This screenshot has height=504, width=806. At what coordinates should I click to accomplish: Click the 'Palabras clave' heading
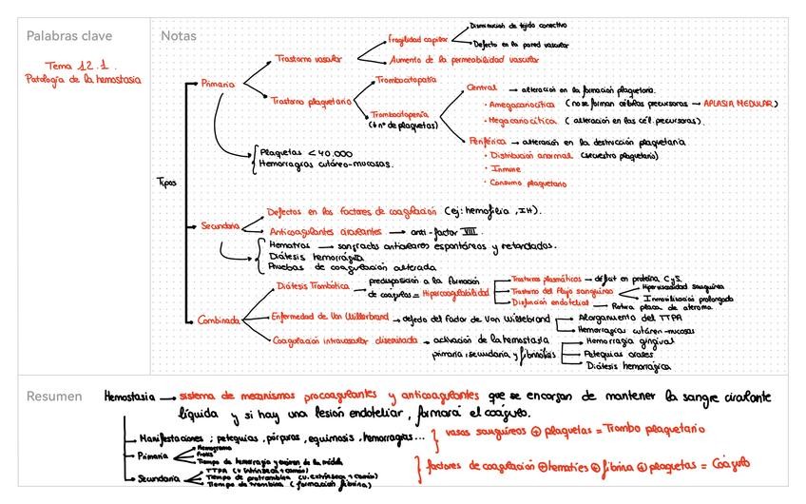[x=68, y=36]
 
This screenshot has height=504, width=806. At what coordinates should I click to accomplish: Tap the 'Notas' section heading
[x=179, y=36]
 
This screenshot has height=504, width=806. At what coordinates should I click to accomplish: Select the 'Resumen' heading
[x=53, y=397]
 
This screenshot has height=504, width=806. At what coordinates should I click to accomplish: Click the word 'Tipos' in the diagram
[x=164, y=182]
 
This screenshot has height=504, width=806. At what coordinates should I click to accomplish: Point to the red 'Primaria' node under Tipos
[x=218, y=85]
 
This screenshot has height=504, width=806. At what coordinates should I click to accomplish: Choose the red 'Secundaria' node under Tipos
[x=220, y=226]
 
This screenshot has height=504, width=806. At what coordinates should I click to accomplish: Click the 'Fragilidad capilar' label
[x=418, y=40]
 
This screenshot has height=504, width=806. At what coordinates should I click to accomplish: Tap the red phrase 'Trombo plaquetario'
[x=653, y=431]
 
